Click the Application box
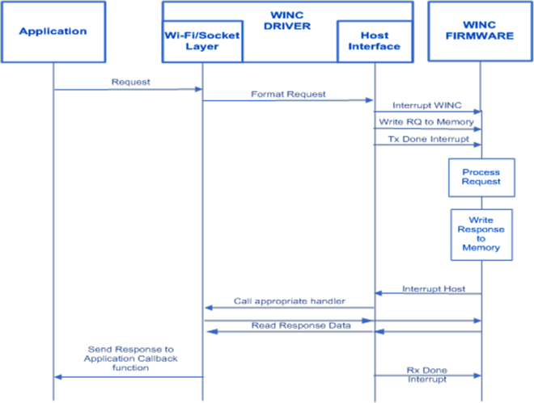coord(53,32)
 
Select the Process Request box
coord(481,177)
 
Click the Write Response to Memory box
coord(481,234)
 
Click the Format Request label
coord(288,94)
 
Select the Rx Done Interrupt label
coord(426,376)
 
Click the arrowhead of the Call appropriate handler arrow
coord(207,308)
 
